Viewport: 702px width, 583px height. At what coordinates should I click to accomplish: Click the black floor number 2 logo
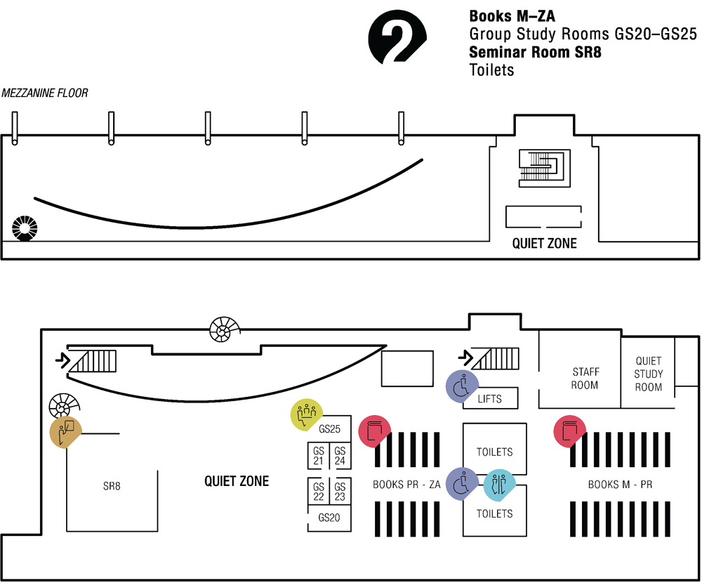pos(397,39)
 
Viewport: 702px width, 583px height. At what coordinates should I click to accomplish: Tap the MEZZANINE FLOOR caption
pos(45,93)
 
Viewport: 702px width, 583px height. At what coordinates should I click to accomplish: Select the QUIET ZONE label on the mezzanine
pos(544,244)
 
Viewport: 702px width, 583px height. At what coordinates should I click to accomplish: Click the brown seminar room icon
pos(65,431)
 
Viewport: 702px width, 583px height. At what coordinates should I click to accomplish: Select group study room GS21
pos(318,456)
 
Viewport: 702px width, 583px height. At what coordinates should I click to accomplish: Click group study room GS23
pos(340,491)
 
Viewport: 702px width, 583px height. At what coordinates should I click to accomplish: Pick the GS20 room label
pos(329,518)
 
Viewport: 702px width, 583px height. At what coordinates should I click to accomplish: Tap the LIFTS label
pos(489,399)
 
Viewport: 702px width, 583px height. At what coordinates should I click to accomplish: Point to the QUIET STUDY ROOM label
pos(648,374)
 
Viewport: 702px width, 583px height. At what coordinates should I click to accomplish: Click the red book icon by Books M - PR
pos(569,431)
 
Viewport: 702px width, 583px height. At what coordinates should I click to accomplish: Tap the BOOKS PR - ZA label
pos(406,485)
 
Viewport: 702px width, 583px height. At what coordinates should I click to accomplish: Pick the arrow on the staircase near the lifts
pos(465,358)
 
